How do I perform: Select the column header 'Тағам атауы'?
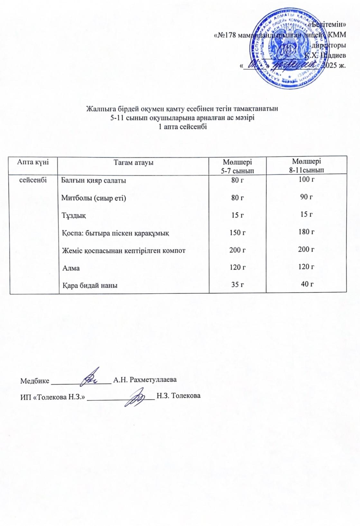[x=133, y=163]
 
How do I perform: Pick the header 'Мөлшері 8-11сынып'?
[x=306, y=165]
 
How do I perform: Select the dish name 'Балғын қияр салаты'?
[x=94, y=181]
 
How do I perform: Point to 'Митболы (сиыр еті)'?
[x=94, y=198]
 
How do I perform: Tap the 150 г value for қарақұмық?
[x=237, y=232]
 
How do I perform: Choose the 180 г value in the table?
[x=306, y=232]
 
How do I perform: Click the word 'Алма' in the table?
[x=71, y=268]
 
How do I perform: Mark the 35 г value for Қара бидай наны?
[x=237, y=285]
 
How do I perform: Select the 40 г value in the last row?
[x=307, y=284]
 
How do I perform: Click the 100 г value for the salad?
[x=306, y=180]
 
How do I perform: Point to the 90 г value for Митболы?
[x=307, y=197]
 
